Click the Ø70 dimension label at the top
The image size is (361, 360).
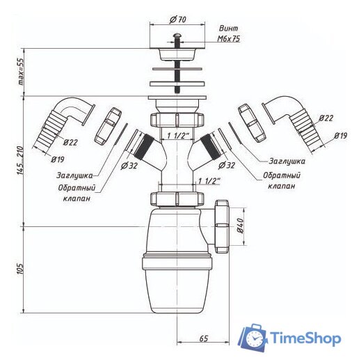click(178, 19)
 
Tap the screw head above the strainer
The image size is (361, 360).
click(177, 36)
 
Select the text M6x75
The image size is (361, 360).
click(229, 39)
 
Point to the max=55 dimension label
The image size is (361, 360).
click(21, 72)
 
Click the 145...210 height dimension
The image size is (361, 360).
click(20, 161)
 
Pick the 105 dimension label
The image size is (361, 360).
click(20, 269)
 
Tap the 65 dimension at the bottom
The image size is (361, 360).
click(203, 338)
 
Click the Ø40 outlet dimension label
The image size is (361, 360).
click(240, 226)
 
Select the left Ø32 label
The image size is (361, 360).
click(129, 166)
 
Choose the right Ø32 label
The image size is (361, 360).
click(227, 165)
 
